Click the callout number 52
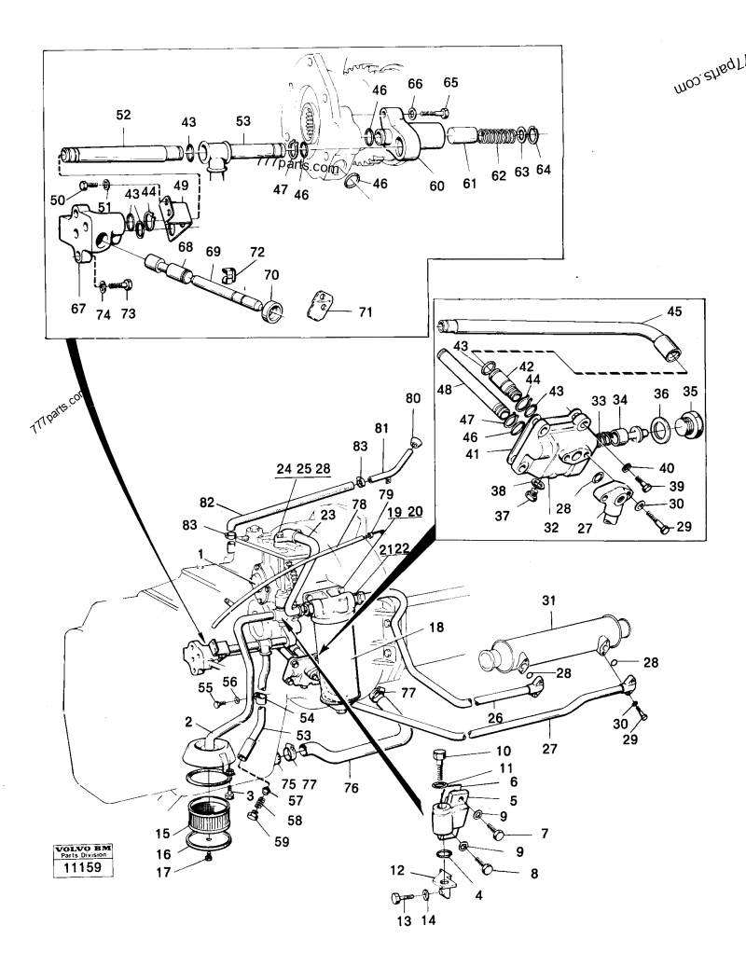(123, 115)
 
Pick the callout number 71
(365, 312)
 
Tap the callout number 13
(404, 921)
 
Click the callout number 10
(503, 751)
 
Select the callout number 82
(208, 503)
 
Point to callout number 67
(78, 309)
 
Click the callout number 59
(282, 841)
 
